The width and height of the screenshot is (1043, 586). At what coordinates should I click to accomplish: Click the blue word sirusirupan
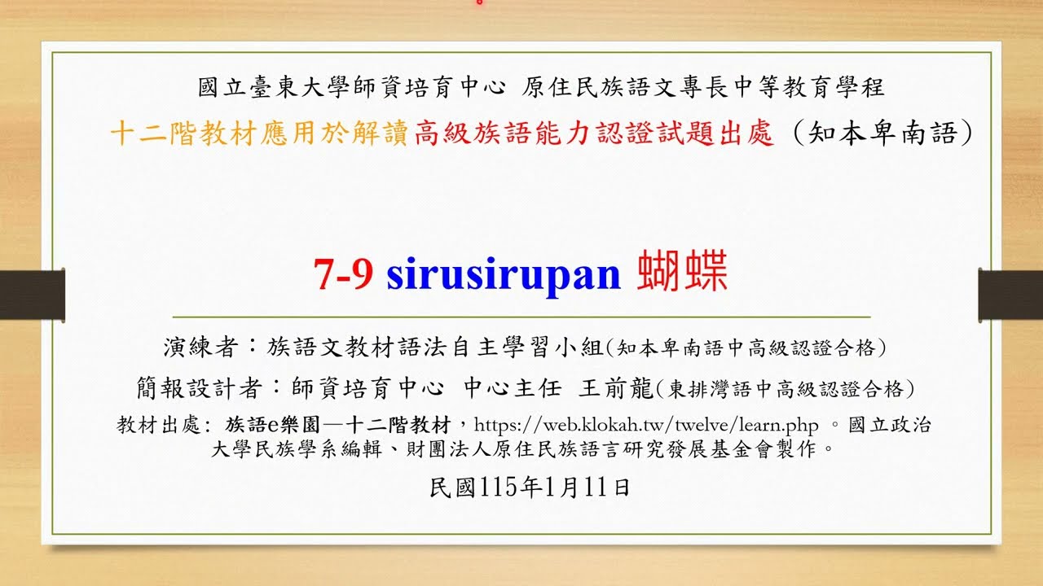504,275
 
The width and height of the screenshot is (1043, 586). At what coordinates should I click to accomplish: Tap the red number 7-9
344,275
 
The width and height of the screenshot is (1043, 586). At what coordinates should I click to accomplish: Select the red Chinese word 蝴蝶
683,273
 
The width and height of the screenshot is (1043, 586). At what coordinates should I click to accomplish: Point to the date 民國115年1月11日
530,488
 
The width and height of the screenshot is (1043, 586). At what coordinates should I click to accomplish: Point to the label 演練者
200,348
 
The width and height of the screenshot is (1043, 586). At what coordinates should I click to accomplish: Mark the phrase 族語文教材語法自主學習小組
436,348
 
